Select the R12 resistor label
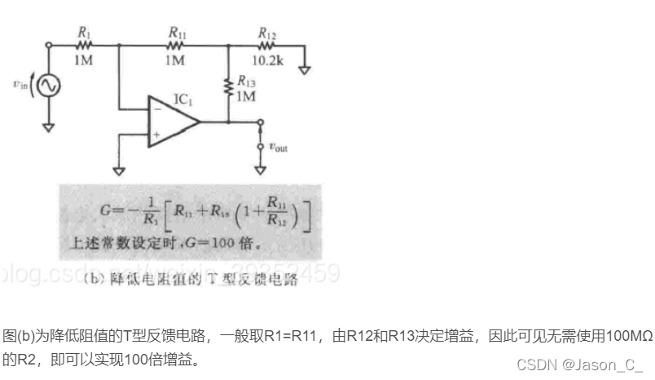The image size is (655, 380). point(266,33)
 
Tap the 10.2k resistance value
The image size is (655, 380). point(266,60)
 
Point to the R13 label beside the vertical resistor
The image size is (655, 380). point(246,82)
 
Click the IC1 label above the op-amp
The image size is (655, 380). point(182,99)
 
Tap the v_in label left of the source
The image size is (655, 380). point(20,82)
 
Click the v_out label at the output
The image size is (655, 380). point(276,148)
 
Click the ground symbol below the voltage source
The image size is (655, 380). point(49,126)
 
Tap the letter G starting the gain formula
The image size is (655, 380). point(105,210)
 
